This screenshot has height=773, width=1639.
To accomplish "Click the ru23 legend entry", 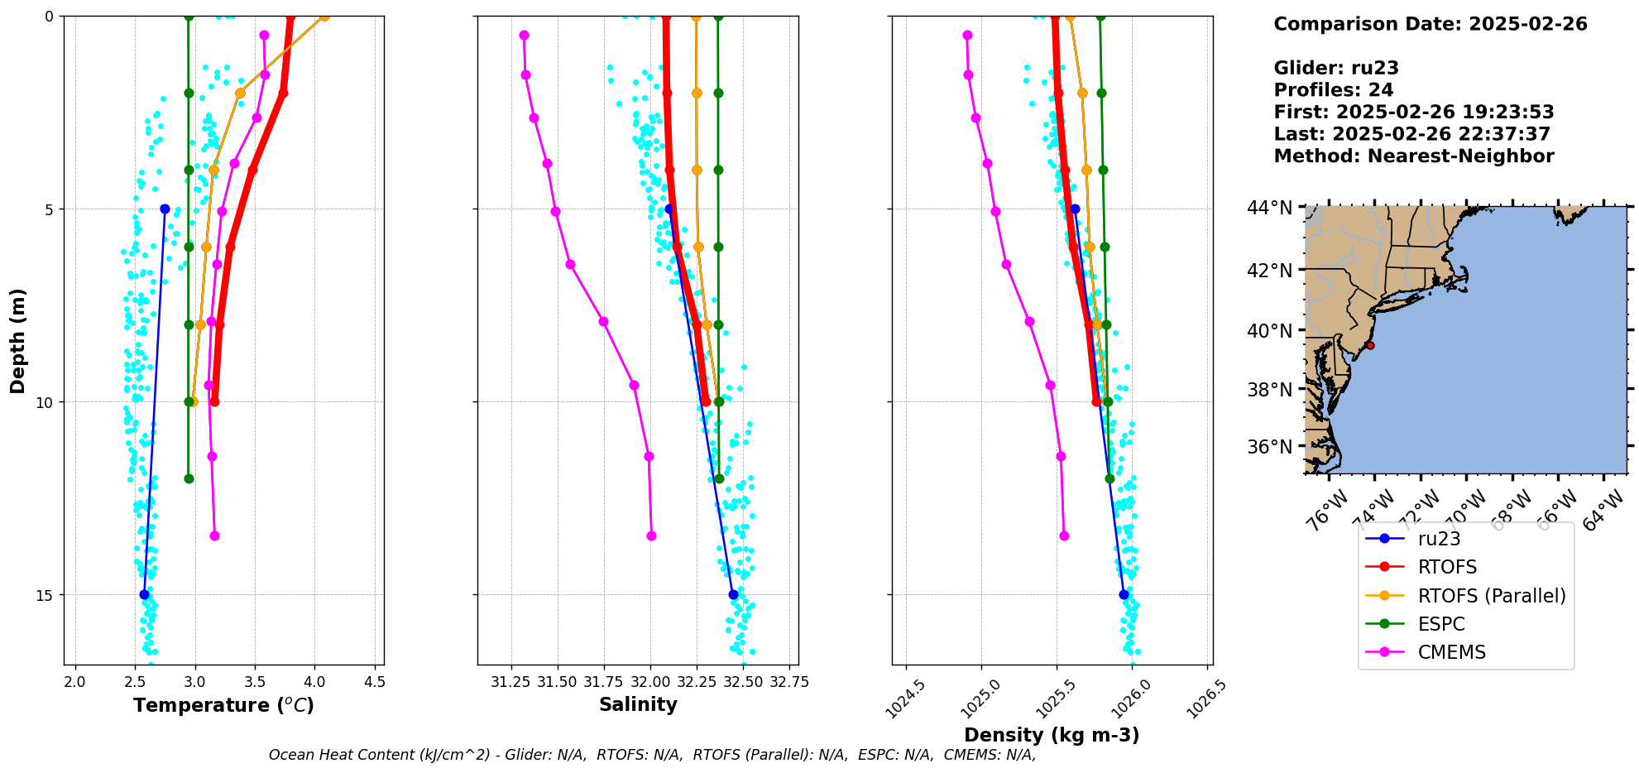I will point(1439,539).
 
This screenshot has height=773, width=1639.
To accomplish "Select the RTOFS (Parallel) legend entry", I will point(1491,596).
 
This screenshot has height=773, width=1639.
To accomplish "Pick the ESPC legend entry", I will point(1440,624).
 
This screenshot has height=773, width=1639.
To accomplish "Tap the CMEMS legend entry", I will point(1451,652).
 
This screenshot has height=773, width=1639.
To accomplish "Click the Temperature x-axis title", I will point(223,705).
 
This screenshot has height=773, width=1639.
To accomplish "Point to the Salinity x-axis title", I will point(638,705).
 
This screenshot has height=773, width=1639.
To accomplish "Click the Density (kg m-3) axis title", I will point(1052,735).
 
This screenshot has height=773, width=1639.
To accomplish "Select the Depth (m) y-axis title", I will point(18,341).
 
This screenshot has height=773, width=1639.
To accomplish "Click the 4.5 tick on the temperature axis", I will point(374,682).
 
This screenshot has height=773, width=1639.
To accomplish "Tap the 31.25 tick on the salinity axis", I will point(511,682).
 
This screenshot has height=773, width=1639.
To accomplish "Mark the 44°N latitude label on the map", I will point(1269,208).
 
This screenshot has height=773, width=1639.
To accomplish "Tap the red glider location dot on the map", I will point(1370,345).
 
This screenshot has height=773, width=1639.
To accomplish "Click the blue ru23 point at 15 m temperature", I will point(145,594).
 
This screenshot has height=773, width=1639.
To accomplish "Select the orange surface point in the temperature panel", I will point(324,17).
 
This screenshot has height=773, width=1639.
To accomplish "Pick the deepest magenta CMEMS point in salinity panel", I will point(651,535).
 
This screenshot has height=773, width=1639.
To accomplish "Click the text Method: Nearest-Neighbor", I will point(1414,156).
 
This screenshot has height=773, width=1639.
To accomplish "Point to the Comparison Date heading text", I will point(1431,24).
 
